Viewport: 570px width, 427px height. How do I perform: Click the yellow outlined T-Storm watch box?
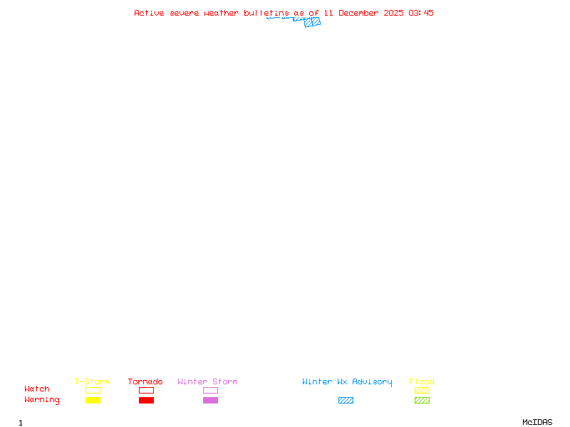93,390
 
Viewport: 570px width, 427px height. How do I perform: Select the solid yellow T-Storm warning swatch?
93,400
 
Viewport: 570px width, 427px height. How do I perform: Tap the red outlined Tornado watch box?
146,390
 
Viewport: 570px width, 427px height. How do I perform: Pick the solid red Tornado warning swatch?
146,400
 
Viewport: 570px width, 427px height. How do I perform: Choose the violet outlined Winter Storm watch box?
210,390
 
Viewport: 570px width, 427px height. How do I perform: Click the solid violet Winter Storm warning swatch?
210,400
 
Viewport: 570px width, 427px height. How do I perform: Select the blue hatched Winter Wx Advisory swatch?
346,400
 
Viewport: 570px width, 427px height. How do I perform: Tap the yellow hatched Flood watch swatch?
422,390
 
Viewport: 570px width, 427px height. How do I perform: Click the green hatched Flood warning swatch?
422,400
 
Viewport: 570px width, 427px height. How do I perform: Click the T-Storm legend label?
92,381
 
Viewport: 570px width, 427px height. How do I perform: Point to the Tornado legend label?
145,381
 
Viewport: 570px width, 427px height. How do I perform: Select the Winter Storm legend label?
207,381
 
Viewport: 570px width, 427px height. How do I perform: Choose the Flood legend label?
422,381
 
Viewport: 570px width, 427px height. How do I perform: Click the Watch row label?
37,389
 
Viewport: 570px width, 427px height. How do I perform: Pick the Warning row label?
41,400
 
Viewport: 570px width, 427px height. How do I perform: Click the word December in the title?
358,13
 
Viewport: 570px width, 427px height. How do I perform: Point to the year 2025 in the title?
393,13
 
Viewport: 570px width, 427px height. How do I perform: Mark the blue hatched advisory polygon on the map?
312,22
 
